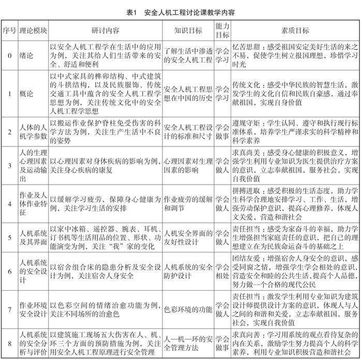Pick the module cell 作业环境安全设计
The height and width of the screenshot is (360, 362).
(x=32, y=310)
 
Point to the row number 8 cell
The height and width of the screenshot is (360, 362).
(x=9, y=343)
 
